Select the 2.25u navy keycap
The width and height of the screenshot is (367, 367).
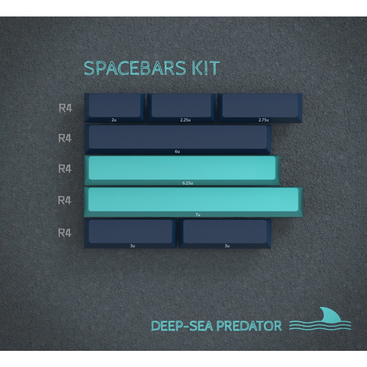(x=181, y=106)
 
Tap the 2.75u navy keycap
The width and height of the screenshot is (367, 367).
(x=260, y=106)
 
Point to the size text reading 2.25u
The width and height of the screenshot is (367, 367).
(x=185, y=120)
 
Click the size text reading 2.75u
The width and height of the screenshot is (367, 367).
(x=263, y=120)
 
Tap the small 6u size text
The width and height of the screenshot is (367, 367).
(x=177, y=152)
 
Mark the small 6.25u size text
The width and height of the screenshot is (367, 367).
(x=187, y=183)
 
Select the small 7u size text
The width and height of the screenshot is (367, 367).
(x=197, y=215)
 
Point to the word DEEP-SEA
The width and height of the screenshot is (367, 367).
(x=182, y=326)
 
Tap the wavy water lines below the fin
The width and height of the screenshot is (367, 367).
(x=320, y=325)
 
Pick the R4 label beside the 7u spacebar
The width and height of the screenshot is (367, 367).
(x=65, y=201)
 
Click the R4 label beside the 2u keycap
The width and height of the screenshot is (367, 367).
(x=65, y=108)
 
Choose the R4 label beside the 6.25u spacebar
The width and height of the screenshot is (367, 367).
(x=65, y=168)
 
